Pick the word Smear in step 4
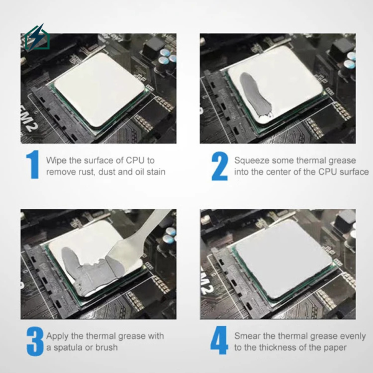click(x=247, y=336)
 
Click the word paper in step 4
click(x=333, y=347)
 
